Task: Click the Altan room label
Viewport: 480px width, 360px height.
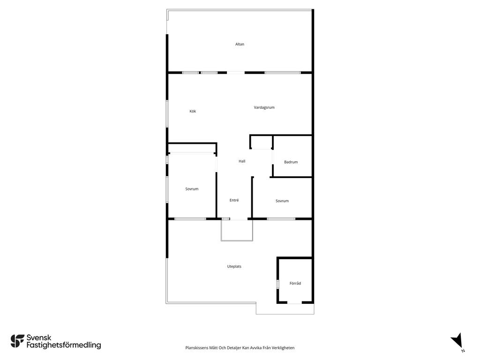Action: tap(240, 44)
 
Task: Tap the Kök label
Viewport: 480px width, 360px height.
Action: tap(193, 111)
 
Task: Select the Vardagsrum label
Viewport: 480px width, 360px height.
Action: tap(264, 107)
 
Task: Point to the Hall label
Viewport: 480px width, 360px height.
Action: tap(242, 161)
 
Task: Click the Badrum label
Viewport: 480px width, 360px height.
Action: tap(291, 162)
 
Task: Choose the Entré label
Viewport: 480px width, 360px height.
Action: tap(234, 200)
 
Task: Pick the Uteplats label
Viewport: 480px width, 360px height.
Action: tap(234, 266)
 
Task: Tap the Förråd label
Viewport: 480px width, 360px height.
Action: tap(295, 283)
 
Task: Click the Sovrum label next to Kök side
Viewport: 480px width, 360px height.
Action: tap(192, 189)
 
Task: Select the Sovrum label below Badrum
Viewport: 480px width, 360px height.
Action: tap(282, 201)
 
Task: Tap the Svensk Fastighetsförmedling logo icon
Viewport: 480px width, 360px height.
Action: tap(17, 341)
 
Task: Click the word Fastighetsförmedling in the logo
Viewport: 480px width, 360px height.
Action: tap(64, 345)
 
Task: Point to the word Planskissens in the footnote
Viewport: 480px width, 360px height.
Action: tap(197, 348)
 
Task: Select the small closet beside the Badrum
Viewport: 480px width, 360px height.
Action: tap(261, 142)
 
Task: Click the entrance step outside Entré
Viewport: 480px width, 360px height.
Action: tap(237, 230)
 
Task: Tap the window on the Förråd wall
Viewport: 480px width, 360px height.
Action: tap(277, 284)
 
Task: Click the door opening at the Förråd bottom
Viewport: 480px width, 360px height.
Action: tap(294, 302)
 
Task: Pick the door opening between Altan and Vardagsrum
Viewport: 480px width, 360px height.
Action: tap(236, 73)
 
